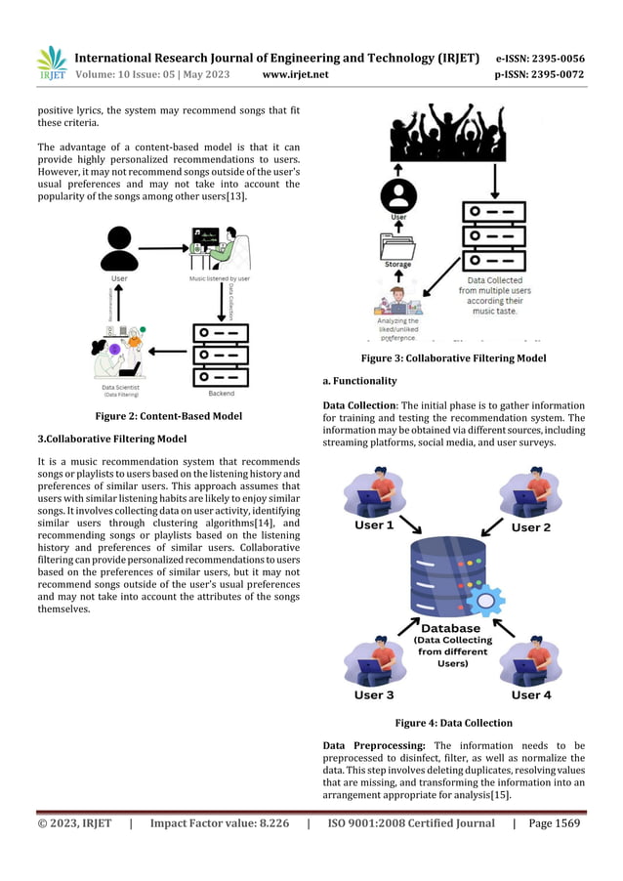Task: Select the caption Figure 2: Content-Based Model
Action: (x=168, y=416)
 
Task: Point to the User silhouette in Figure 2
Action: (x=119, y=248)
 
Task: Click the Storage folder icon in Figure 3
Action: (x=395, y=244)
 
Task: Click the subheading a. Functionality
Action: (x=359, y=381)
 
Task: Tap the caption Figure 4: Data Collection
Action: (x=453, y=723)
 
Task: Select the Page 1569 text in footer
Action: (x=555, y=823)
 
